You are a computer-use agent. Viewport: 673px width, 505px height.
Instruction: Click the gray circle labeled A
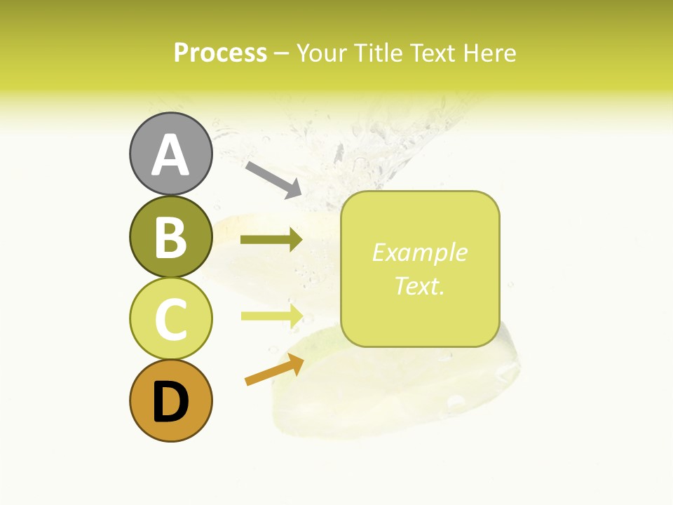(x=170, y=154)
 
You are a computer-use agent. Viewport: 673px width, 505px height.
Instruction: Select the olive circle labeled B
(x=170, y=236)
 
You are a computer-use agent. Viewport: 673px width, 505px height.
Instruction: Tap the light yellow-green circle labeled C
(x=170, y=318)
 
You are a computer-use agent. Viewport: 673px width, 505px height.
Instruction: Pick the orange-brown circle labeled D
(x=170, y=400)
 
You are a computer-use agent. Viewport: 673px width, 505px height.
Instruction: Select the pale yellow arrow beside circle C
(x=271, y=316)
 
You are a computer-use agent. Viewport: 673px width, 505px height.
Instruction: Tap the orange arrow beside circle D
(x=274, y=370)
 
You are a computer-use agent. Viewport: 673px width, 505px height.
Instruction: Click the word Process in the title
(x=220, y=53)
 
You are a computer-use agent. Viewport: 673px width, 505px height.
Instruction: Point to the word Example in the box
(x=419, y=252)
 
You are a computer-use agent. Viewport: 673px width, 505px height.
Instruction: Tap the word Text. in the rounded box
(x=419, y=285)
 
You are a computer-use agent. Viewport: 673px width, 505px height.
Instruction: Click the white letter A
(x=170, y=155)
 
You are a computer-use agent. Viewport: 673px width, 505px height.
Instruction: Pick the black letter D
(x=170, y=402)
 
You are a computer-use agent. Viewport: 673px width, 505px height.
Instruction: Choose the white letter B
(x=170, y=237)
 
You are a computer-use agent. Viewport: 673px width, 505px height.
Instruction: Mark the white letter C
(x=170, y=319)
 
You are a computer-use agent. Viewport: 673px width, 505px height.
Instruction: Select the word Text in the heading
(x=429, y=53)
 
